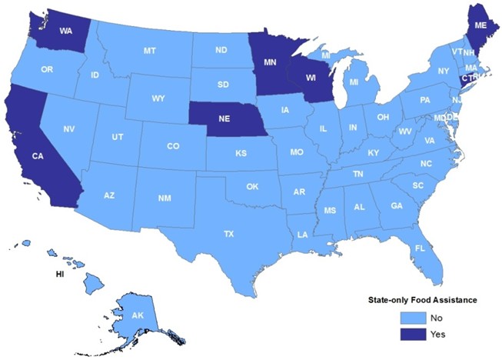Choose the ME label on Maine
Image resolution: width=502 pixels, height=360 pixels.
point(480,25)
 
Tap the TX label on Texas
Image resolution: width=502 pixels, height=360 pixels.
point(229,233)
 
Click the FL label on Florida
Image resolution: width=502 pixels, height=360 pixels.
point(420,248)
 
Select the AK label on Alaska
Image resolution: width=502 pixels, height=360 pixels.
point(137,315)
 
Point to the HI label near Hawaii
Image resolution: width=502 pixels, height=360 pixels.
point(58,273)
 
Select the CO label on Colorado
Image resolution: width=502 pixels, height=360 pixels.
point(173,145)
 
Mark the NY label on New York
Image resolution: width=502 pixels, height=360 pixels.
point(443,71)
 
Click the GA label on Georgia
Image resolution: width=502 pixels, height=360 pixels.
point(396,206)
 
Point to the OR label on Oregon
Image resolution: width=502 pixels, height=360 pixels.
point(47,69)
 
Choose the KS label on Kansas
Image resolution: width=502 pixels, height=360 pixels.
point(241,154)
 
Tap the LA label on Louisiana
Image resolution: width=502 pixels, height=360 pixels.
point(304,234)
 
